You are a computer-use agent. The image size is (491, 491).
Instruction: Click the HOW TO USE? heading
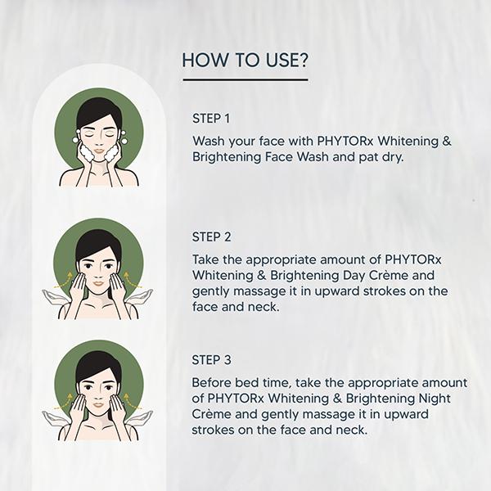(x=245, y=60)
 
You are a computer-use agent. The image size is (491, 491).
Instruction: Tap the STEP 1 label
(x=211, y=119)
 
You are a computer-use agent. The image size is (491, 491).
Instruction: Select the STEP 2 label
(x=211, y=237)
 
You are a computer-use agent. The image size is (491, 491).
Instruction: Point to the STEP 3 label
(x=211, y=360)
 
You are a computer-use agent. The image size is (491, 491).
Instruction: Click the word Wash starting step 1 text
(x=209, y=141)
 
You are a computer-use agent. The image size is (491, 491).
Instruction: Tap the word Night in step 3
(x=435, y=398)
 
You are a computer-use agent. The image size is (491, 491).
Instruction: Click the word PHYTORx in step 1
(x=345, y=141)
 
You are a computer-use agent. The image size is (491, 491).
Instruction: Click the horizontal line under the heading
(x=245, y=80)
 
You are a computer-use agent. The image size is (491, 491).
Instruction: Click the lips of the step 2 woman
(x=99, y=284)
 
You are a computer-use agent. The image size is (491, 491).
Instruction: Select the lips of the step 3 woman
(x=99, y=404)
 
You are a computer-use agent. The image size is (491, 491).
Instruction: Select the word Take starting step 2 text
(x=205, y=259)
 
